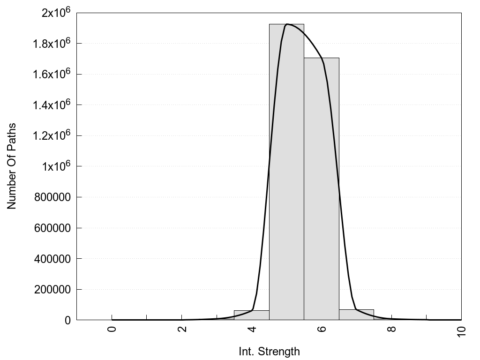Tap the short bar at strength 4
click(x=251, y=315)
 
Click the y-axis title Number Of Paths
click(x=12, y=166)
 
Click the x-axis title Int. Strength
click(x=269, y=351)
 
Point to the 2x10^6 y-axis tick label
click(x=55, y=13)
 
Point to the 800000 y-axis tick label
click(x=52, y=197)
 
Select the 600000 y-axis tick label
click(x=52, y=228)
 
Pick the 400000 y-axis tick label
click(x=52, y=259)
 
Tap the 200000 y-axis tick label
click(x=52, y=290)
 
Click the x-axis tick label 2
click(x=182, y=328)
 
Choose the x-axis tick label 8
click(x=392, y=328)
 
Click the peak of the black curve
click(x=287, y=24)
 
